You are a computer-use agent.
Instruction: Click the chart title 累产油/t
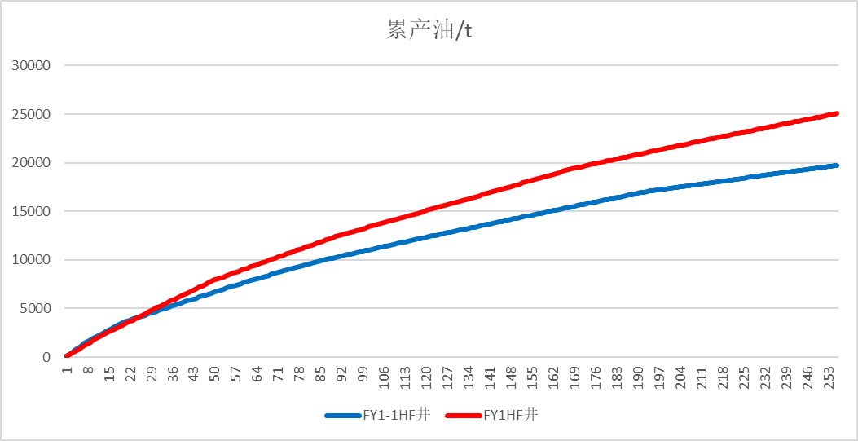(429, 31)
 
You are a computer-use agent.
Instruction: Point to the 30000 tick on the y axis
(33, 66)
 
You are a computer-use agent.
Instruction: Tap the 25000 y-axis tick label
(33, 114)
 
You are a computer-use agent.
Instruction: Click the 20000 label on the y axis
(33, 163)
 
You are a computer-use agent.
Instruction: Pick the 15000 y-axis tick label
(33, 211)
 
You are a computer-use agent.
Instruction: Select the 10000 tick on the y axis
(33, 260)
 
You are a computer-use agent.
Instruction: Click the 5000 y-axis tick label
(37, 309)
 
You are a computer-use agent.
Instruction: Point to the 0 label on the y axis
(47, 357)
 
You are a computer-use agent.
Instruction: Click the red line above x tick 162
(554, 174)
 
